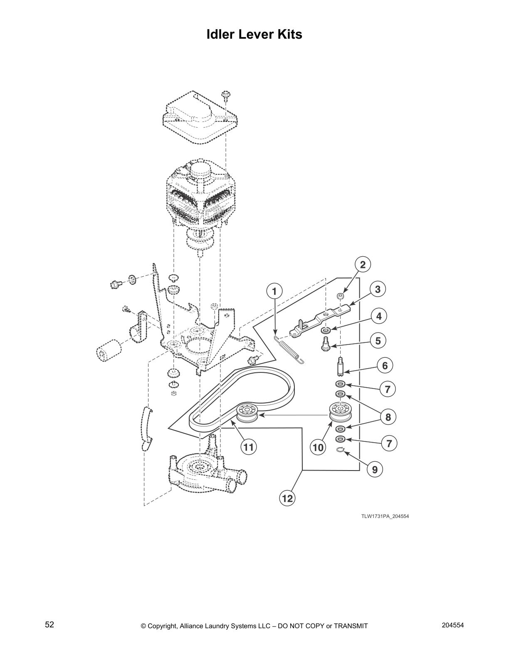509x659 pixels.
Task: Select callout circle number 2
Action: pyautogui.click(x=363, y=265)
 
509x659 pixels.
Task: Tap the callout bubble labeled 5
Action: pyautogui.click(x=378, y=341)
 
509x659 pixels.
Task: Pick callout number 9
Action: pyautogui.click(x=375, y=470)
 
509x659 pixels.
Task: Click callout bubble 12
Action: pyautogui.click(x=288, y=498)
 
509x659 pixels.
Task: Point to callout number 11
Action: pyautogui.click(x=248, y=447)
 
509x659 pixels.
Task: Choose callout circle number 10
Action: pyautogui.click(x=318, y=447)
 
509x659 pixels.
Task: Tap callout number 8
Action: pyautogui.click(x=388, y=416)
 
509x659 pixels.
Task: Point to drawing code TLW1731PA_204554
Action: pyautogui.click(x=382, y=516)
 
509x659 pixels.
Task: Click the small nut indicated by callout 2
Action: pyautogui.click(x=339, y=296)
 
